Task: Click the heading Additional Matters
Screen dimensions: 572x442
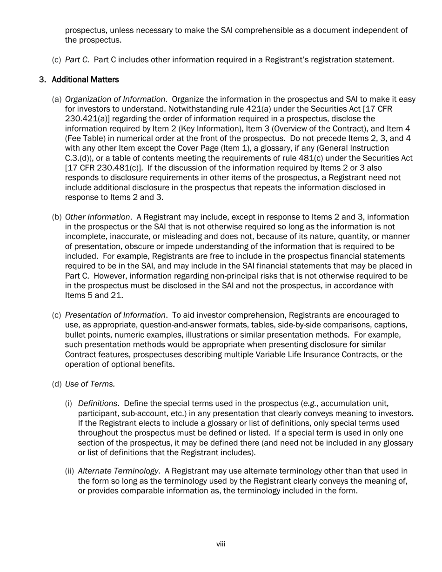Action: (85, 80)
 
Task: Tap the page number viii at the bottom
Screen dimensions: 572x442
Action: (221, 544)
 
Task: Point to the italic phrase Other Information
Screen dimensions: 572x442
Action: (97, 217)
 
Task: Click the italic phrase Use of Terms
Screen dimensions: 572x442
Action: (90, 384)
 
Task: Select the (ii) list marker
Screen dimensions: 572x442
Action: (69, 472)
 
